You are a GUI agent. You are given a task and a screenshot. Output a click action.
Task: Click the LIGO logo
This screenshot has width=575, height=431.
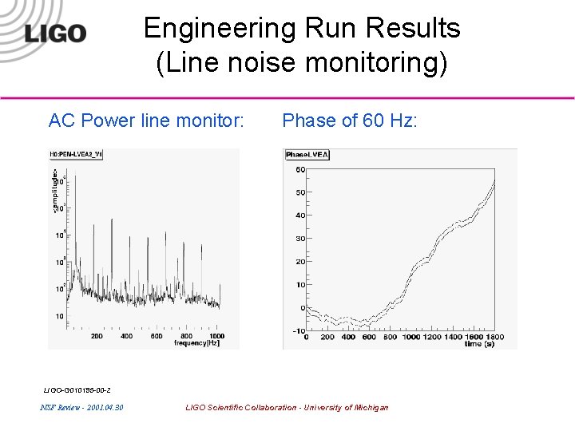[55, 33]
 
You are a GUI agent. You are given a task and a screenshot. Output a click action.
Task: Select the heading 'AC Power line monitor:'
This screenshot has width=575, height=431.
[146, 121]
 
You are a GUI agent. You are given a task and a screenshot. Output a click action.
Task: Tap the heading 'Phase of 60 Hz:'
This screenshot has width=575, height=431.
[350, 121]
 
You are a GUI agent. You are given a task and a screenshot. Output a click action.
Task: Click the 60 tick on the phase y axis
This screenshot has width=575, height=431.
[300, 169]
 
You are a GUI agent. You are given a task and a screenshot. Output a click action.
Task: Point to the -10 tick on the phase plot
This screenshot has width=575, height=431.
[298, 330]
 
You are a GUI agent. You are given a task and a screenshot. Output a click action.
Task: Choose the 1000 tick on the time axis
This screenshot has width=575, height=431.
[410, 338]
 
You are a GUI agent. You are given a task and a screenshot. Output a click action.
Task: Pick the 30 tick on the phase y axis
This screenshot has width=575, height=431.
[300, 239]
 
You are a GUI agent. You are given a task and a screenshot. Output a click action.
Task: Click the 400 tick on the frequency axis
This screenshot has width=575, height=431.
[126, 336]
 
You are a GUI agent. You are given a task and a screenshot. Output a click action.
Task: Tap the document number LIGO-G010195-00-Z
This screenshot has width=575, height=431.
[77, 390]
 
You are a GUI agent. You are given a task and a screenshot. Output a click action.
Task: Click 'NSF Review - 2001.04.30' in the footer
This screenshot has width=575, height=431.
[81, 408]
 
